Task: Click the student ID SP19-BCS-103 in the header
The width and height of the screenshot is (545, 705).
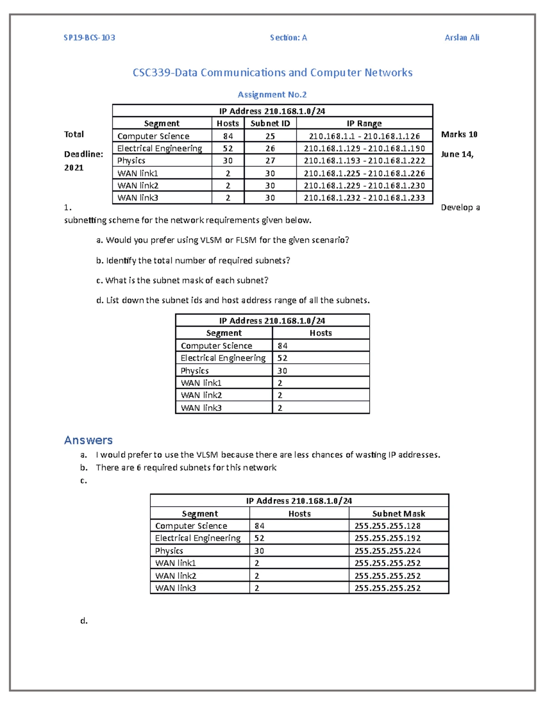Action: tap(89, 38)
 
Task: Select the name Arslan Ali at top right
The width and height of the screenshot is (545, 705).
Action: tap(462, 38)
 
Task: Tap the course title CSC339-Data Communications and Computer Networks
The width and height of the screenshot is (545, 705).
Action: tap(272, 73)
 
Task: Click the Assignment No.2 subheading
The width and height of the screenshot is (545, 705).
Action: tap(272, 94)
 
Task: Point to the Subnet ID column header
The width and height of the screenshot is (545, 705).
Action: tap(270, 123)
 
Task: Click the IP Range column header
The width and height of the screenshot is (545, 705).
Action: tap(364, 123)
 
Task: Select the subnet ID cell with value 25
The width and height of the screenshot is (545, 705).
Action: tap(270, 136)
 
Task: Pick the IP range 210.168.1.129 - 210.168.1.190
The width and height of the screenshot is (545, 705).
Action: tap(364, 148)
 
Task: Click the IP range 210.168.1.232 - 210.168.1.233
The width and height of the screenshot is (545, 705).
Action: tap(364, 198)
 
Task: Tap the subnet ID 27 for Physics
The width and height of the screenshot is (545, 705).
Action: tap(270, 161)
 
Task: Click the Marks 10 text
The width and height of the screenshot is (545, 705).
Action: tap(459, 134)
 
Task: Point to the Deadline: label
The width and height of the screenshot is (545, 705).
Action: tap(84, 154)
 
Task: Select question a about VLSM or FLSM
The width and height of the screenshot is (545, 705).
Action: tap(223, 240)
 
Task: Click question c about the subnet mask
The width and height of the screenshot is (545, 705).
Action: tap(182, 281)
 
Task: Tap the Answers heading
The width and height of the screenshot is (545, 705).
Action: tap(88, 440)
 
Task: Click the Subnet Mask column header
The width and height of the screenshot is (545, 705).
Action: tap(398, 513)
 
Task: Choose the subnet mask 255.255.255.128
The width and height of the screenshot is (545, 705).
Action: tap(387, 526)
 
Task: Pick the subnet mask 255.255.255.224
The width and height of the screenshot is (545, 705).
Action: tap(387, 551)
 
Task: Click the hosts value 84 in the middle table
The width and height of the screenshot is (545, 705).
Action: tap(282, 346)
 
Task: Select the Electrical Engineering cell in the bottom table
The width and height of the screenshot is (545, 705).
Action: tap(198, 538)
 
